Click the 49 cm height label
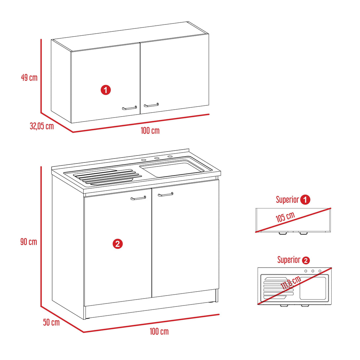pos(29,77)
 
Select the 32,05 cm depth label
pos(42,126)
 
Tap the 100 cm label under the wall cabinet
pos(150,131)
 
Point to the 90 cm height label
pos(29,241)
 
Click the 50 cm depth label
pos(51,322)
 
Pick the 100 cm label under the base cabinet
pos(159,332)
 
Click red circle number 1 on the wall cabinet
pos(106,90)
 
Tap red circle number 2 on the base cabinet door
pos(118,244)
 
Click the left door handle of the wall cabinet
pos(129,108)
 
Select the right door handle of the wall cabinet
pos(151,105)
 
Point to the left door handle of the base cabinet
pos(138,198)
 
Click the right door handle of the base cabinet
pos(165,195)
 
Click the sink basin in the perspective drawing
pos(172,168)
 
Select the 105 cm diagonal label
pos(285,217)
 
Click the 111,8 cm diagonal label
pos(291,282)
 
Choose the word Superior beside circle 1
pos(287,199)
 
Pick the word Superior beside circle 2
pos(289,260)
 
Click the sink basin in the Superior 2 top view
pos(313,288)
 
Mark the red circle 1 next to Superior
pos(305,200)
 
